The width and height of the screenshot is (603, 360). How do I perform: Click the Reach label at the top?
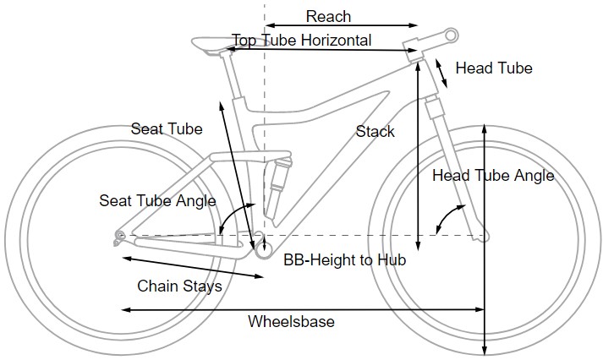click(328, 16)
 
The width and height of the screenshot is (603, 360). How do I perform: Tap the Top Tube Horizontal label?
click(302, 41)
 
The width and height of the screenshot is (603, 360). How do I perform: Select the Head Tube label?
click(494, 68)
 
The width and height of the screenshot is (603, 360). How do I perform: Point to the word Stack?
click(375, 131)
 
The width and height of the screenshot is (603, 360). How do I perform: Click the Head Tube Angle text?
click(493, 176)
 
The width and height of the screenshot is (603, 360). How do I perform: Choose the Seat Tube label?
click(167, 129)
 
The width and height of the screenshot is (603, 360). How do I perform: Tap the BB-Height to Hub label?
click(344, 260)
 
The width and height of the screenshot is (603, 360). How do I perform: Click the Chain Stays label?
click(179, 286)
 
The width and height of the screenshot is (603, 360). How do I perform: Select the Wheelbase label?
click(291, 322)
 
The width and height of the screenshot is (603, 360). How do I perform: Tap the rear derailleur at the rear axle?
click(119, 237)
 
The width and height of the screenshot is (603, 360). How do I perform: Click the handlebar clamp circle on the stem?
click(452, 35)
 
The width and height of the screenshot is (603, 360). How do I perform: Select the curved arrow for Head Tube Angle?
click(441, 221)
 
